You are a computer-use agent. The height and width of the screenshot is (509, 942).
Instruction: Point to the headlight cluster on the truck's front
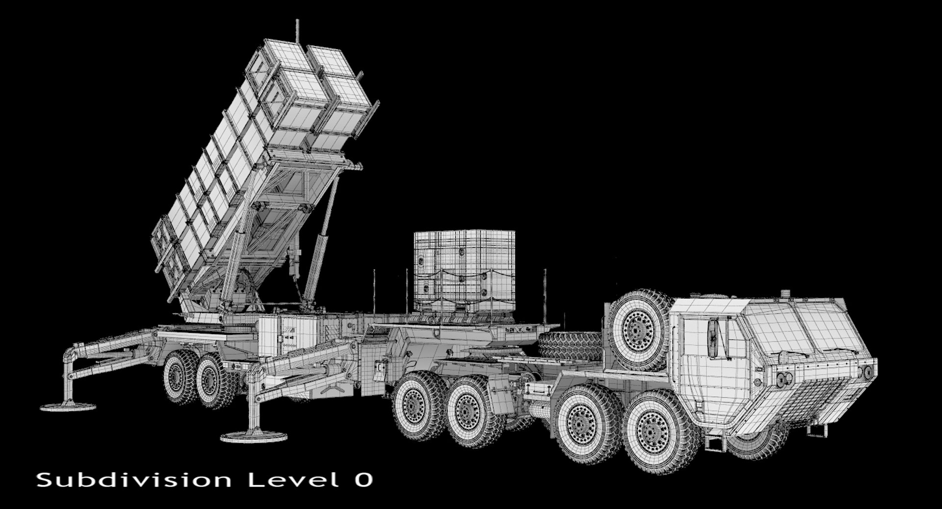(x=784, y=377)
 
